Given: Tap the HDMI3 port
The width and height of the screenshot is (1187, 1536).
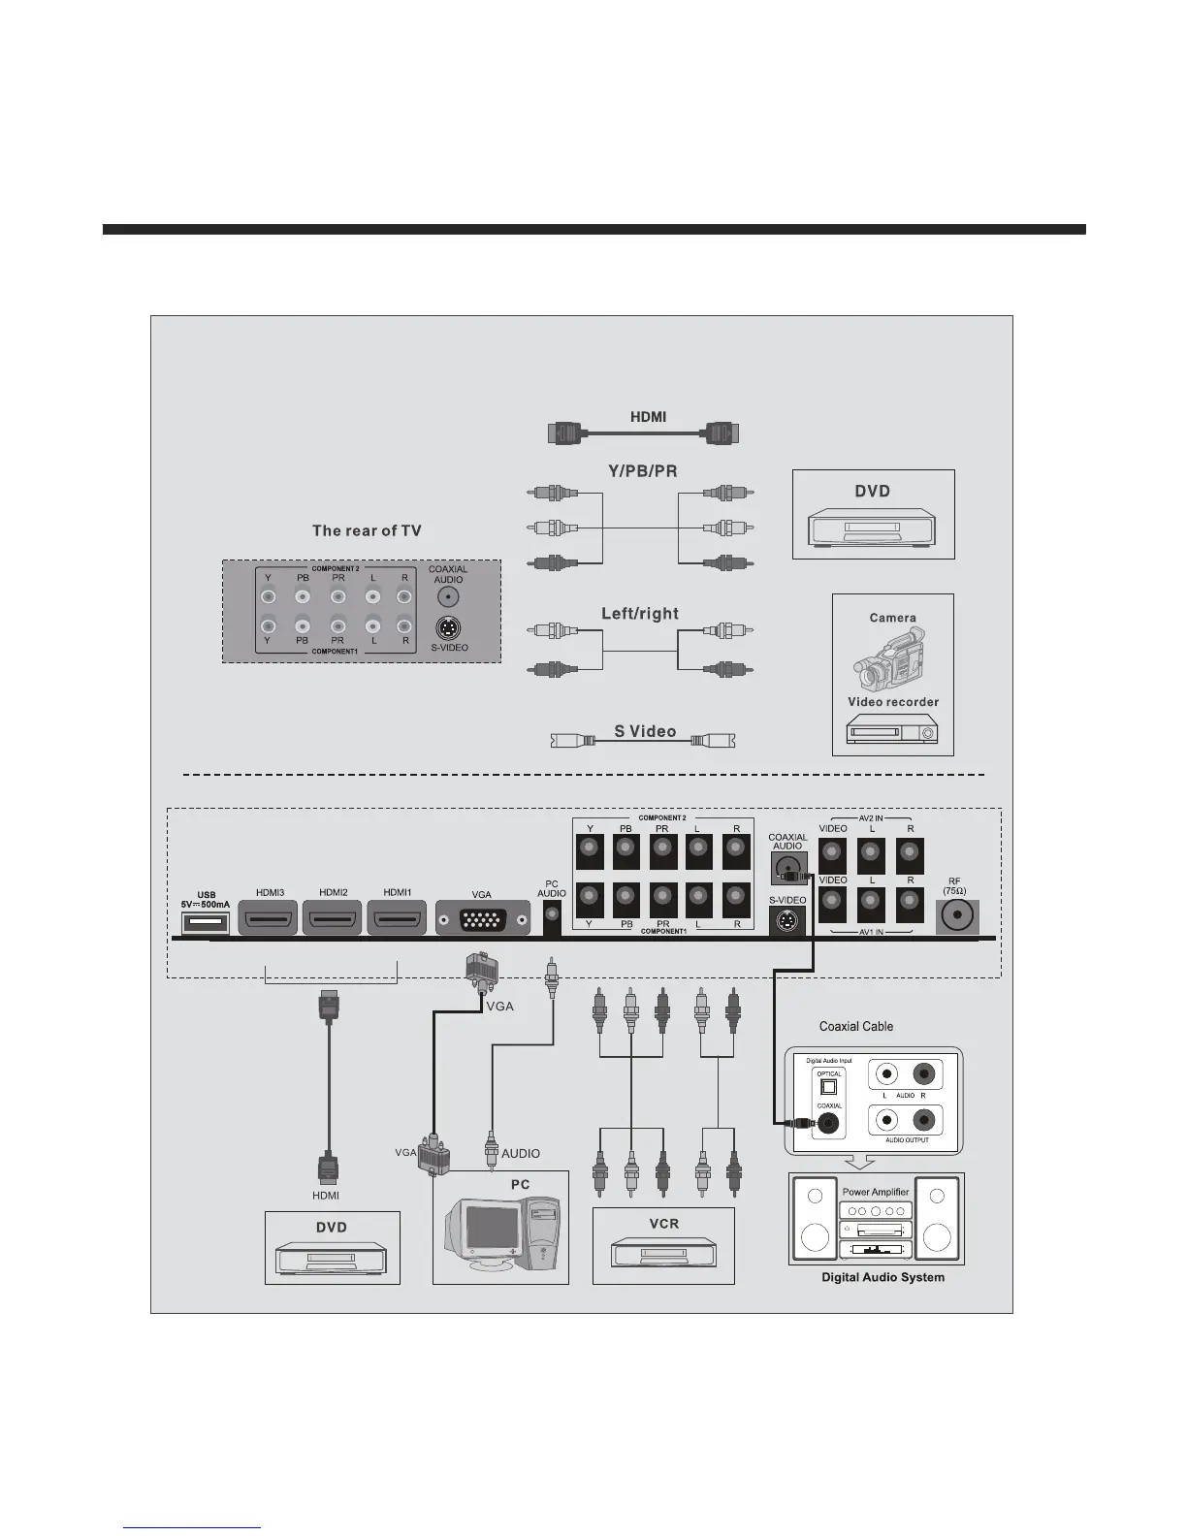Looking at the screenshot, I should click(x=270, y=918).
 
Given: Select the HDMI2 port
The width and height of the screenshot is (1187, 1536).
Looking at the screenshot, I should click(x=333, y=918).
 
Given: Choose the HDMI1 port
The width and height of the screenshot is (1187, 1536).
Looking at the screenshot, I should click(x=397, y=918).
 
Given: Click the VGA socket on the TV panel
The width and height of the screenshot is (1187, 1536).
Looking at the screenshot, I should click(x=483, y=918).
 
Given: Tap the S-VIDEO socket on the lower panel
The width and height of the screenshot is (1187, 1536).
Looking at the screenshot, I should click(x=787, y=921).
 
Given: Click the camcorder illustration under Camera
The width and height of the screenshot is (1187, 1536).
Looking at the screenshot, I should click(x=890, y=659).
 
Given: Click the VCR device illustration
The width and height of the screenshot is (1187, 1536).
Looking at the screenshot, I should click(x=663, y=1253).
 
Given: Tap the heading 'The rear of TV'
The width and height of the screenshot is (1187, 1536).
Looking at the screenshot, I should click(x=367, y=530).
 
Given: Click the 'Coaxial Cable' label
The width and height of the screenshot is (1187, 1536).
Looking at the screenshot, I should click(x=856, y=1026).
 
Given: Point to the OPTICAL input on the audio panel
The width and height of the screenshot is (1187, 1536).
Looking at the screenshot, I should click(x=828, y=1087).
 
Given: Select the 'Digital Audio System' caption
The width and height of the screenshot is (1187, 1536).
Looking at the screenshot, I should click(x=882, y=1277).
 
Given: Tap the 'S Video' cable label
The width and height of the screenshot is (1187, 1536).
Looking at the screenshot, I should click(x=645, y=731).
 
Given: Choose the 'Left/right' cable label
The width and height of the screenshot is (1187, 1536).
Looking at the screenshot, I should click(x=640, y=614).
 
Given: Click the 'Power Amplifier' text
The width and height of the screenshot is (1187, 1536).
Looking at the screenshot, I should click(x=876, y=1192).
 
